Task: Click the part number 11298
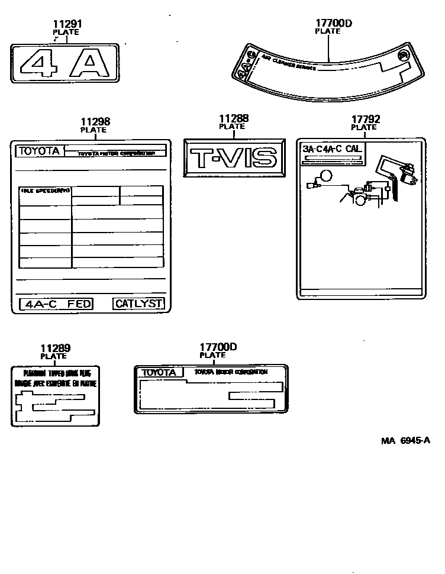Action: [x=95, y=122]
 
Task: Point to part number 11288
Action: [x=234, y=119]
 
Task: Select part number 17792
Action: [x=365, y=120]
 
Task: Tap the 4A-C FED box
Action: [x=57, y=304]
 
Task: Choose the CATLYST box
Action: [x=138, y=304]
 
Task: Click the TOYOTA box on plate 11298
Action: [x=39, y=150]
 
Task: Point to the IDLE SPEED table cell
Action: [x=46, y=191]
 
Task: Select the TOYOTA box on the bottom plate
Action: [x=158, y=373]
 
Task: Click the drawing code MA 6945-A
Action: [x=405, y=440]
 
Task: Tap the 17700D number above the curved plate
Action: [x=334, y=24]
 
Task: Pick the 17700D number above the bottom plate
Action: [x=218, y=347]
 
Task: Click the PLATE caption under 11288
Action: [x=232, y=127]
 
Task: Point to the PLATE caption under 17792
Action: [x=364, y=127]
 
